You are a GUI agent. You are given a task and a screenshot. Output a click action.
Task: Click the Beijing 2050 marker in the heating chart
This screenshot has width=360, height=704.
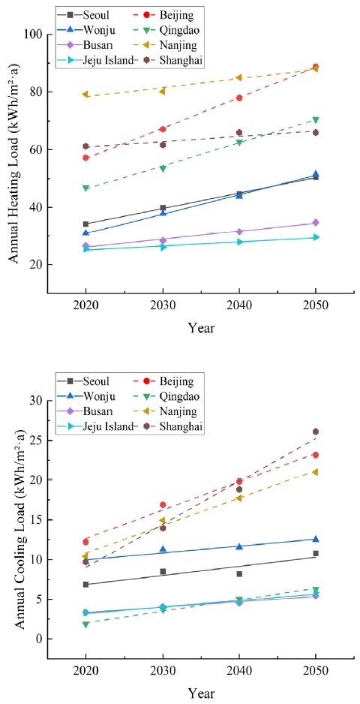pyautogui.click(x=316, y=67)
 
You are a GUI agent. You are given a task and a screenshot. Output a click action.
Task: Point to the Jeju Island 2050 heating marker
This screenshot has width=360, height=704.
pyautogui.click(x=316, y=237)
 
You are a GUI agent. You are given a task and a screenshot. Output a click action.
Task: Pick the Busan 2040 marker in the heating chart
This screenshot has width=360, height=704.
pyautogui.click(x=239, y=232)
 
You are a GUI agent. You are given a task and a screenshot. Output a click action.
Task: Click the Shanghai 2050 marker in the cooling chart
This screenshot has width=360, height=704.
pyautogui.click(x=316, y=432)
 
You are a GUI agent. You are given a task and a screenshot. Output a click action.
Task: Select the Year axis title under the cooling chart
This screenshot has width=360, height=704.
pyautogui.click(x=200, y=694)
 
